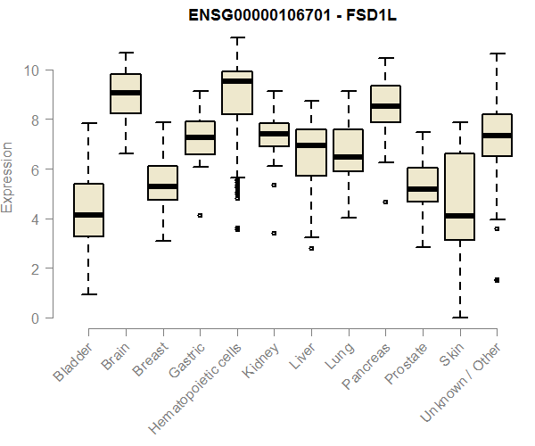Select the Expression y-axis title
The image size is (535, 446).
click(x=9, y=177)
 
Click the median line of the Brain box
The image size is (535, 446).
click(x=126, y=93)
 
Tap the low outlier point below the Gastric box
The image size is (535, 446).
click(x=200, y=215)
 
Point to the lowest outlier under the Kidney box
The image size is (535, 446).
click(x=274, y=233)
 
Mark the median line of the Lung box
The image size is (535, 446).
click(x=348, y=157)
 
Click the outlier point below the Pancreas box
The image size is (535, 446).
click(x=385, y=202)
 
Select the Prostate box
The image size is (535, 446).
click(x=422, y=185)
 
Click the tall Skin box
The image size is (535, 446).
click(x=459, y=196)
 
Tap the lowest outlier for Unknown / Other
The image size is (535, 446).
click(x=497, y=280)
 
